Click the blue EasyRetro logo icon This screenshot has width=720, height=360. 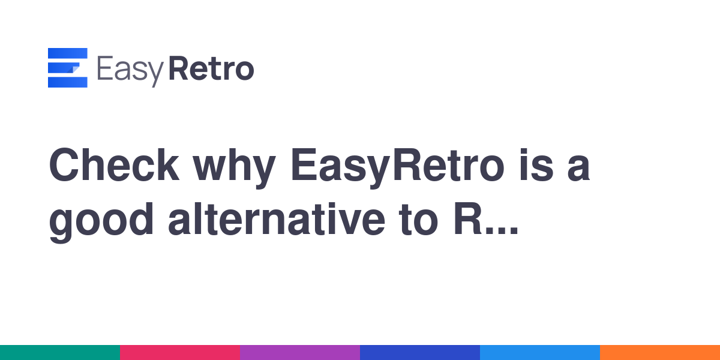pos(67,67)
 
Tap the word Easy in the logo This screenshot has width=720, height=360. pos(130,71)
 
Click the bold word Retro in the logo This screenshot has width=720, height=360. pos(211,68)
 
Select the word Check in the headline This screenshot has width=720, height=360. pos(114,165)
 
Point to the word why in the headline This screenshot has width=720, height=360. pos(234,169)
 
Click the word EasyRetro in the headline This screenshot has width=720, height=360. pos(398,169)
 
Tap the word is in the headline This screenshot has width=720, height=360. pos(536,165)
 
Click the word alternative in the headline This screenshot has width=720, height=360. pos(277,220)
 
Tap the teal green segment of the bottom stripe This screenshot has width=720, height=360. pos(60,353)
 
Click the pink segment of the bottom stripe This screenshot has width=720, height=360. pos(180,353)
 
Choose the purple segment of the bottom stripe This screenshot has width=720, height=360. pos(300,353)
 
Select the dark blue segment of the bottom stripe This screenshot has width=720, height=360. pos(420,353)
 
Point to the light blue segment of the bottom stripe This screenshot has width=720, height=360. pos(540,353)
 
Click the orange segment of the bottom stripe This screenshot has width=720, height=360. pos(660,353)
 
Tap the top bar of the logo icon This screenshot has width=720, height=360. pos(67,53)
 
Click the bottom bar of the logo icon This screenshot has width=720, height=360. pos(67,82)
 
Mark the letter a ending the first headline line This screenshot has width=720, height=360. pos(578,169)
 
